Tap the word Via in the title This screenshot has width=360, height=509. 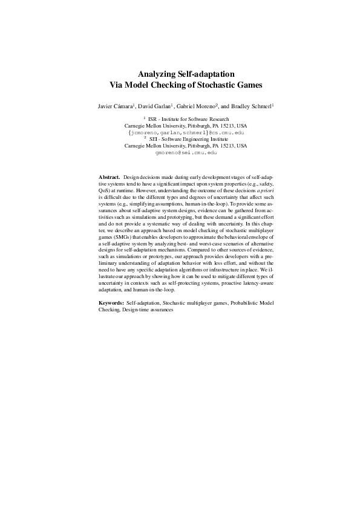[x=114, y=85]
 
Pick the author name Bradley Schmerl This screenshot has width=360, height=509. [x=248, y=105]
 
